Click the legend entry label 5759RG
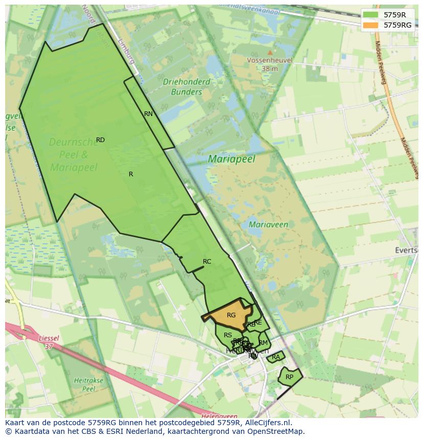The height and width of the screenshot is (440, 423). [x=397, y=25]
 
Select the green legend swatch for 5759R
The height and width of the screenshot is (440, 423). [x=371, y=15]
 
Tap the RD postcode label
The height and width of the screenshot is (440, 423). [x=100, y=140]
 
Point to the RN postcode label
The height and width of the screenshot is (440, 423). [x=148, y=114]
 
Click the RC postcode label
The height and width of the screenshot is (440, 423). [x=207, y=262]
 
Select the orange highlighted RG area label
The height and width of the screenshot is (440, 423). [x=231, y=315]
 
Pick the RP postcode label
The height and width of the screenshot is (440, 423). [x=289, y=377]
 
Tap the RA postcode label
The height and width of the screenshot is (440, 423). [x=276, y=357]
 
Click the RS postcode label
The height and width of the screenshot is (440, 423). [x=228, y=335]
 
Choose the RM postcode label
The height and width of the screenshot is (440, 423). [x=263, y=343]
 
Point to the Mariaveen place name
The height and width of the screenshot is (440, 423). [x=268, y=224]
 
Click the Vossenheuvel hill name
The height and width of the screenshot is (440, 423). [x=269, y=60]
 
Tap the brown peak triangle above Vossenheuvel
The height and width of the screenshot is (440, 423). [x=270, y=52]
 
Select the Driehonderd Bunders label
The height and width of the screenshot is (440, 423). [x=186, y=87]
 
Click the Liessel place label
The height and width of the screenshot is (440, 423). [x=49, y=338]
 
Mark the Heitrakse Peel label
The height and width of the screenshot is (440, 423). [x=89, y=384]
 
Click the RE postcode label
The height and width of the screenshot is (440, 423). [x=258, y=322]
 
